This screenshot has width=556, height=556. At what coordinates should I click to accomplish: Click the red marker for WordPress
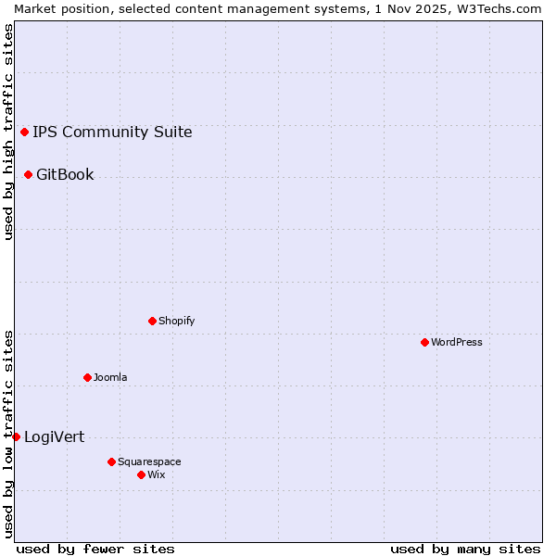click(424, 342)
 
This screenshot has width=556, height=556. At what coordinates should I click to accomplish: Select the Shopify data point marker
click(152, 321)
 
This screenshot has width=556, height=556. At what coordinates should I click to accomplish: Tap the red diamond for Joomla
click(87, 377)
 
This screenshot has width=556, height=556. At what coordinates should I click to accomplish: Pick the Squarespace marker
click(111, 461)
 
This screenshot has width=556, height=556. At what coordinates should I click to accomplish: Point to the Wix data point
click(141, 474)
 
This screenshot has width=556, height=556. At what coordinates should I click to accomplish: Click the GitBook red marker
click(28, 174)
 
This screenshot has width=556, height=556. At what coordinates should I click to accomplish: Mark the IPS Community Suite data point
click(24, 132)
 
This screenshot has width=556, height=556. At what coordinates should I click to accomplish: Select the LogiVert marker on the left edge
click(16, 436)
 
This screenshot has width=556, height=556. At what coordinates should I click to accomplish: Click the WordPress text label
click(457, 342)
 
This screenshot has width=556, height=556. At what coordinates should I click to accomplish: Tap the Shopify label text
click(176, 321)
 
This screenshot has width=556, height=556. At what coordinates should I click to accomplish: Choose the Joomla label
click(110, 377)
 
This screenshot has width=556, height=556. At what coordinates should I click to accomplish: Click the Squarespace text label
click(149, 461)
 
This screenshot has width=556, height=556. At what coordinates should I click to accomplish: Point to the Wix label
click(157, 474)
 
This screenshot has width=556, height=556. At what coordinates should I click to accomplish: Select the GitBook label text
click(65, 174)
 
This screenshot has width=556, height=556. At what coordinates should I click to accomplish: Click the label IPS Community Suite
click(112, 132)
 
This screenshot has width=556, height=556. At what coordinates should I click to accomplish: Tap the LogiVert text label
click(54, 436)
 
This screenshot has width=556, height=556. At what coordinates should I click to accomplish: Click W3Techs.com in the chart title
click(500, 8)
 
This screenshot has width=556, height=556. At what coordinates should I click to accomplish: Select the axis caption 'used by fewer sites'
click(95, 549)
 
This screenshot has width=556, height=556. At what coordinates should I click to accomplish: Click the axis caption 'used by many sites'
click(465, 549)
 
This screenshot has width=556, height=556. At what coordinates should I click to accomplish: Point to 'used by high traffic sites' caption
click(8, 132)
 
